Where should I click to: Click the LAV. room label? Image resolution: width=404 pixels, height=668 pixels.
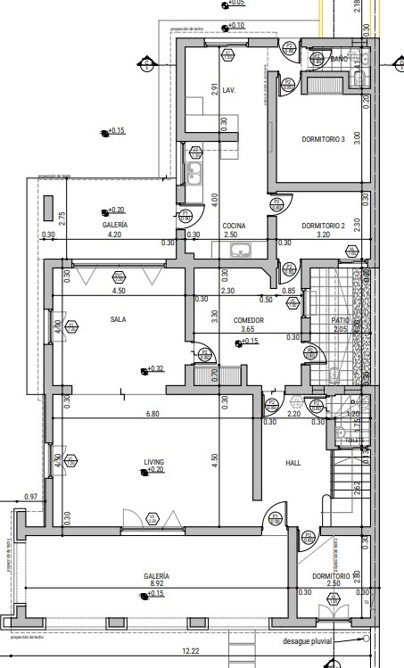(229, 90)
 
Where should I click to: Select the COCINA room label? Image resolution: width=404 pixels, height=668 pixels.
(234, 226)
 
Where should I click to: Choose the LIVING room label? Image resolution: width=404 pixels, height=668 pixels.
(154, 461)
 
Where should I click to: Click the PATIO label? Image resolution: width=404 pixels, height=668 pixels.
(340, 319)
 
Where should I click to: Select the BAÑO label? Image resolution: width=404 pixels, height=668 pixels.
(339, 59)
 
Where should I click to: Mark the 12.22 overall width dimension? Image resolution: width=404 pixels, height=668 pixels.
(189, 652)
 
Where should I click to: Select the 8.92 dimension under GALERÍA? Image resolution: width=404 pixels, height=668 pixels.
(157, 585)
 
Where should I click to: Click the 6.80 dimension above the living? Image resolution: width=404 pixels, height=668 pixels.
(153, 414)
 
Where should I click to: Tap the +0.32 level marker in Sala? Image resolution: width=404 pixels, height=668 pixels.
(155, 369)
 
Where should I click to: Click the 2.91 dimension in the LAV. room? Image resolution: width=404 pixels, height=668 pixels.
(214, 89)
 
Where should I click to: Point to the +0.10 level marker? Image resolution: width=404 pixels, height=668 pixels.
(235, 25)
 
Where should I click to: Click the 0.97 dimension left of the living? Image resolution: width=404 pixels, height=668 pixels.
(31, 496)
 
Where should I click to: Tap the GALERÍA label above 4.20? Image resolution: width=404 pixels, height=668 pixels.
(114, 226)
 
